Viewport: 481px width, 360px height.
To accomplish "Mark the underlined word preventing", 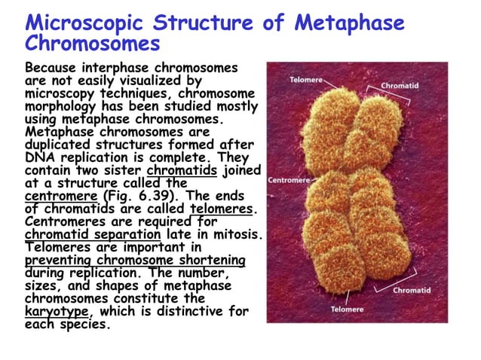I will coord(58,260).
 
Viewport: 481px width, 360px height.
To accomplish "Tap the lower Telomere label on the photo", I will coord(347,310).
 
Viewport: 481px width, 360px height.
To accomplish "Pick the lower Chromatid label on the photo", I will coord(412,290).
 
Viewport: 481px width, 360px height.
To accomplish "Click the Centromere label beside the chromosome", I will coord(289,181).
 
